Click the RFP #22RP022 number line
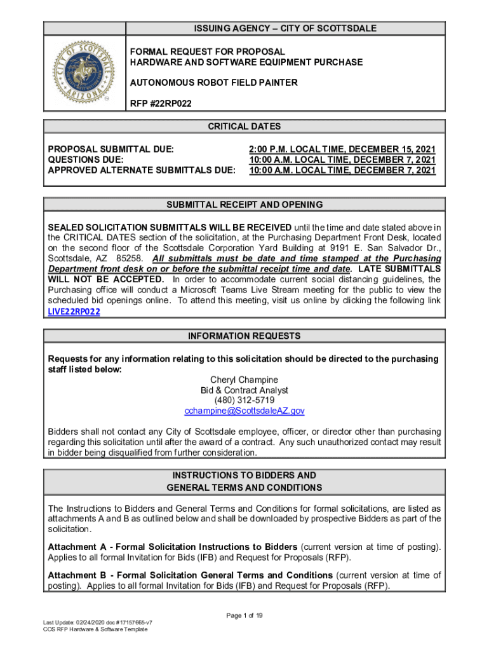point(161,103)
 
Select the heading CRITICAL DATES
point(244,127)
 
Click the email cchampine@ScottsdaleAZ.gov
point(245,411)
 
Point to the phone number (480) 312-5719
point(245,401)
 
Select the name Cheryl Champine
point(245,380)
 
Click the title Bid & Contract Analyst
point(245,390)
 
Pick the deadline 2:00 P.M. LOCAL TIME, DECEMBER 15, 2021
point(342,149)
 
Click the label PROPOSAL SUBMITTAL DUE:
point(111,149)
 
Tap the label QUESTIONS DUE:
point(86,160)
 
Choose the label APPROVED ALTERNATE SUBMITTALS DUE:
point(142,170)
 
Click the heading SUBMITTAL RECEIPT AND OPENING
point(245,205)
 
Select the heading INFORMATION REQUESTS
point(245,336)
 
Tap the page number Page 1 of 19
point(245,615)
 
